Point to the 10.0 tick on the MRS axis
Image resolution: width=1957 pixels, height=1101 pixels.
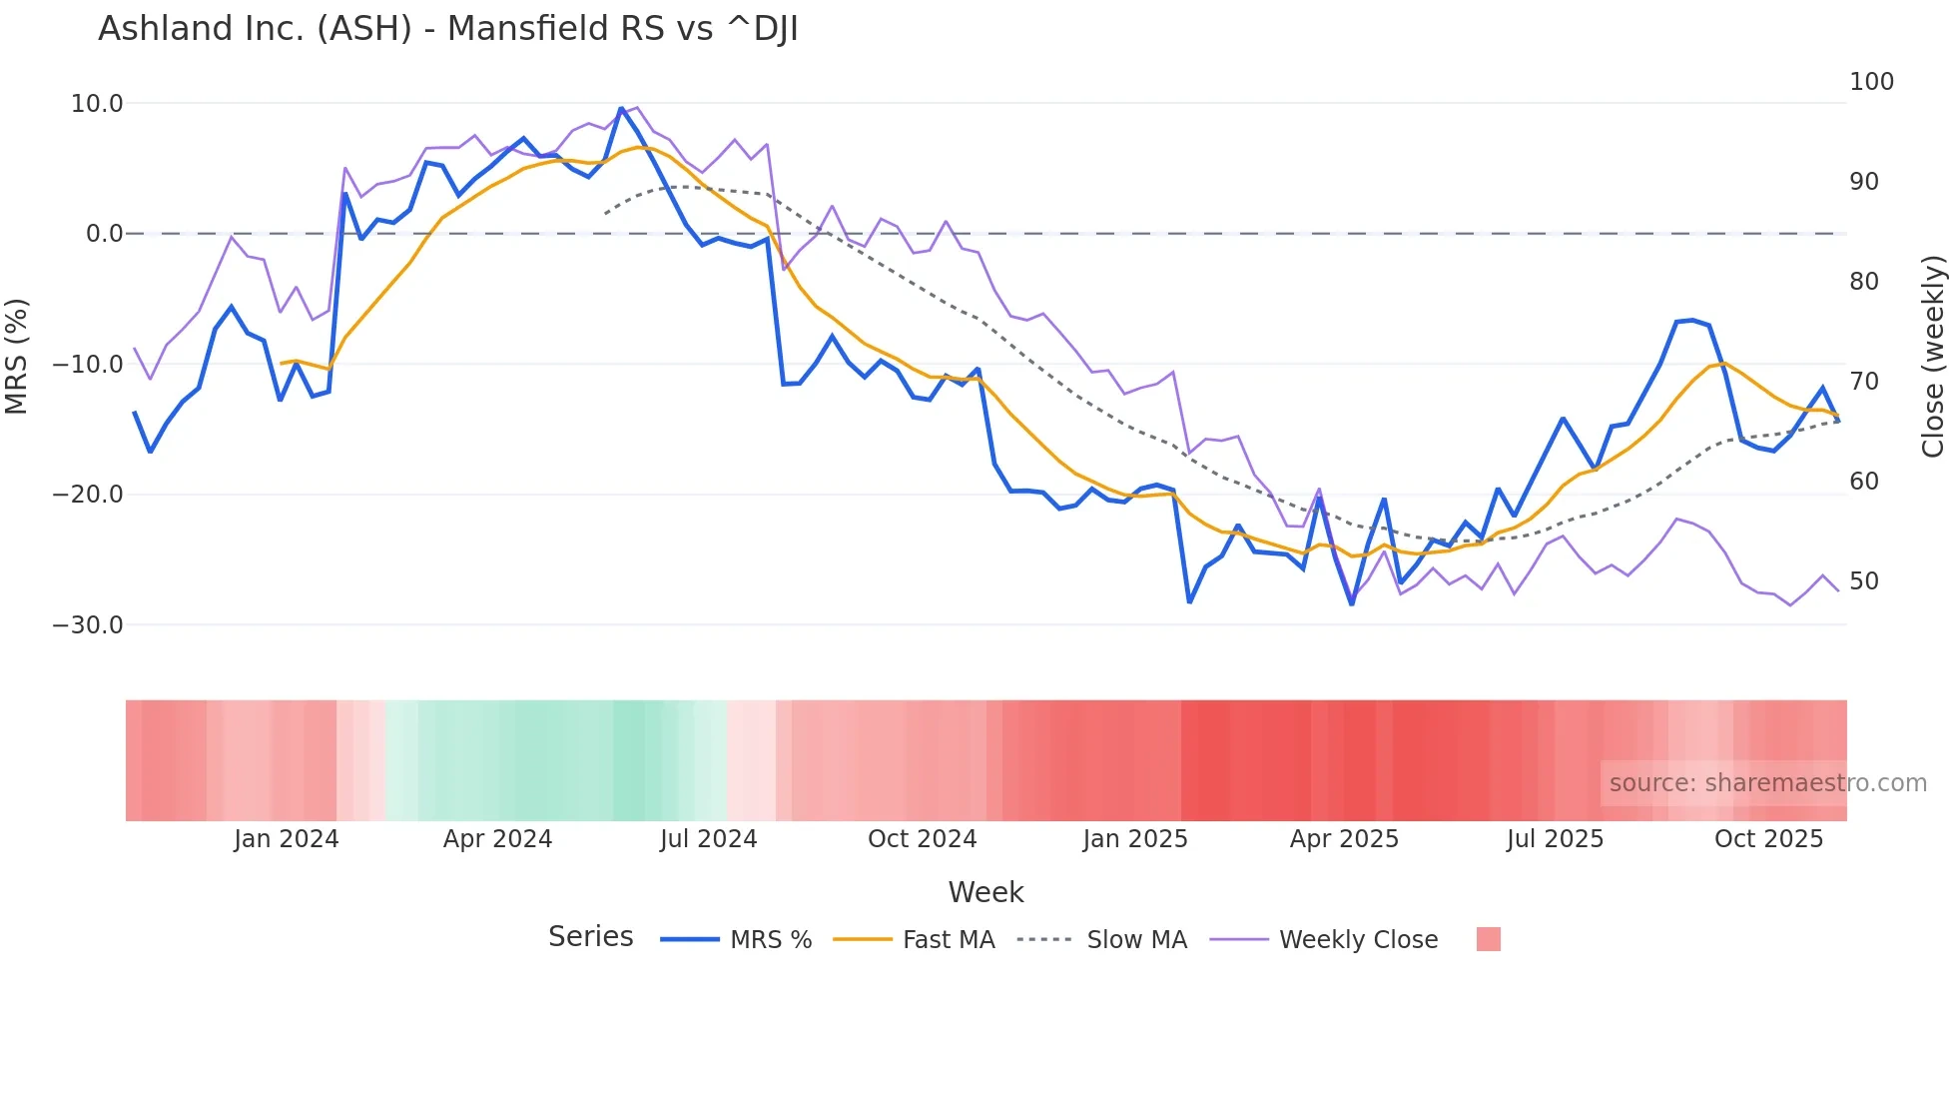coord(97,104)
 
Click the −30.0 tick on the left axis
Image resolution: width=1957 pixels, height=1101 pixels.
coord(88,625)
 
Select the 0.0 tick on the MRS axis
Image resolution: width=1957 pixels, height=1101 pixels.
coord(105,234)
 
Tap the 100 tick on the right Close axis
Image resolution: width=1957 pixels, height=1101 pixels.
coord(1871,82)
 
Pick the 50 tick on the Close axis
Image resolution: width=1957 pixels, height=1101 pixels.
coord(1863,581)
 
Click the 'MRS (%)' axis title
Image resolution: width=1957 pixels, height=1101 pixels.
coord(17,356)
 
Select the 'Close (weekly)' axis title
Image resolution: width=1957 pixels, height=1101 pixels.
coord(1933,356)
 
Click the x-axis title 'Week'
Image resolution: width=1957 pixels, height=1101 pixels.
coord(985,892)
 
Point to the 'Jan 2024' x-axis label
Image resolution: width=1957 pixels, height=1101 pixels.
coord(287,839)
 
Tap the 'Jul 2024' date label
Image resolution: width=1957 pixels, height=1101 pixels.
coord(709,839)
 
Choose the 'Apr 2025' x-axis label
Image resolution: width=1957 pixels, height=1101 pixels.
coord(1344,839)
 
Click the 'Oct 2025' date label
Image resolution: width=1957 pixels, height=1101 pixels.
coord(1768,839)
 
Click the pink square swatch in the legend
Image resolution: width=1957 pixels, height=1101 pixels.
coord(1488,939)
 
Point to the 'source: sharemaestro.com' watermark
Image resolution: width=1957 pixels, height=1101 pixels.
coord(1767,783)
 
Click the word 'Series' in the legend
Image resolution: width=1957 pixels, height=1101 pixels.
coord(591,937)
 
